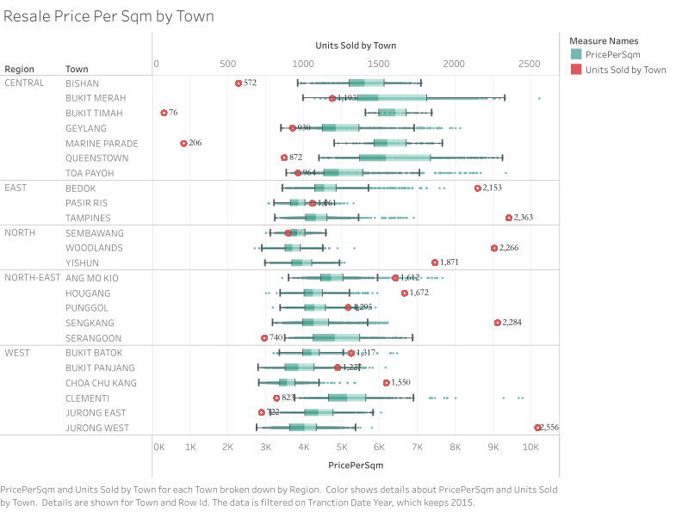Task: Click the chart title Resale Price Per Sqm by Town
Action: pyautogui.click(x=109, y=16)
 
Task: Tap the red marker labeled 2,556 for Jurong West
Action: pyautogui.click(x=537, y=428)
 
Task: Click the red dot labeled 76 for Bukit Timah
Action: pyautogui.click(x=164, y=113)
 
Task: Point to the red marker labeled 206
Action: pyautogui.click(x=183, y=143)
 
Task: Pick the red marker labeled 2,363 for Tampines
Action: pyautogui.click(x=509, y=218)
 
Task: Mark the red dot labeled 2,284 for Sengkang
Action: pyautogui.click(x=497, y=323)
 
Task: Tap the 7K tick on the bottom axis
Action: pyautogui.click(x=417, y=447)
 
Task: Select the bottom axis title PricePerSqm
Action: pyautogui.click(x=356, y=466)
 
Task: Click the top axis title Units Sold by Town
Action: pyautogui.click(x=356, y=46)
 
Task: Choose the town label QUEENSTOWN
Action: pyautogui.click(x=96, y=158)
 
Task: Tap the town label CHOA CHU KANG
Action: pyautogui.click(x=100, y=383)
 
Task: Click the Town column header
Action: pyautogui.click(x=76, y=69)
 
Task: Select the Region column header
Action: pyautogui.click(x=19, y=69)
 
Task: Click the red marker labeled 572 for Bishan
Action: pyautogui.click(x=239, y=83)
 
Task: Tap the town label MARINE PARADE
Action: pyautogui.click(x=99, y=143)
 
